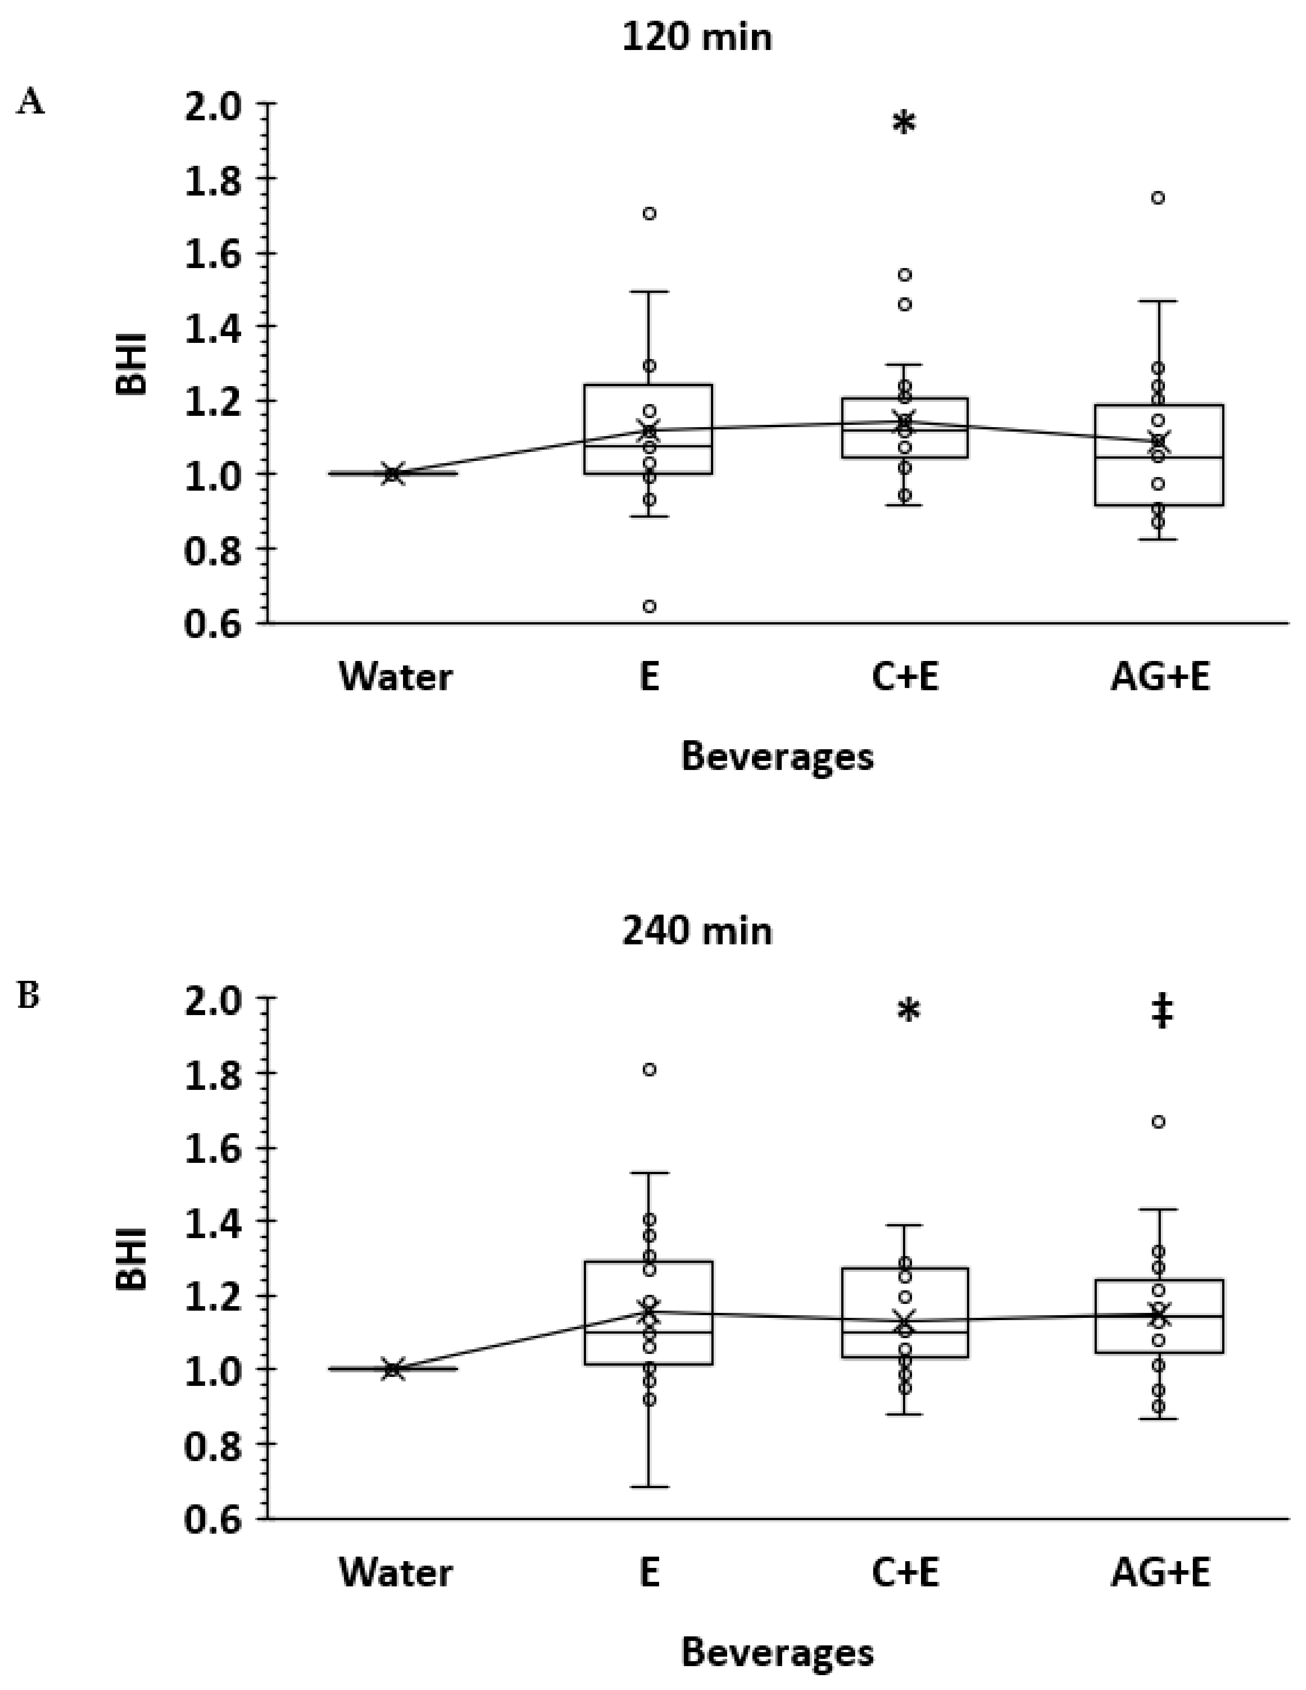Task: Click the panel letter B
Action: tap(29, 996)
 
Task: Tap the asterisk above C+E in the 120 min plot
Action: tap(903, 124)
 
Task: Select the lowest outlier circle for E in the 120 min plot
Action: tap(650, 606)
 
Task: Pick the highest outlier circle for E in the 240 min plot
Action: tap(650, 1070)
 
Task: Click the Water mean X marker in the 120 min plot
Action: tap(393, 474)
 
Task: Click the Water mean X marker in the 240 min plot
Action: tap(393, 1369)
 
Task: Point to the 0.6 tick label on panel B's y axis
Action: tap(213, 1519)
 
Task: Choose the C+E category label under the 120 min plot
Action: tap(904, 678)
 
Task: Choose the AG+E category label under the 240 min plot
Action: tap(1159, 1572)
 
